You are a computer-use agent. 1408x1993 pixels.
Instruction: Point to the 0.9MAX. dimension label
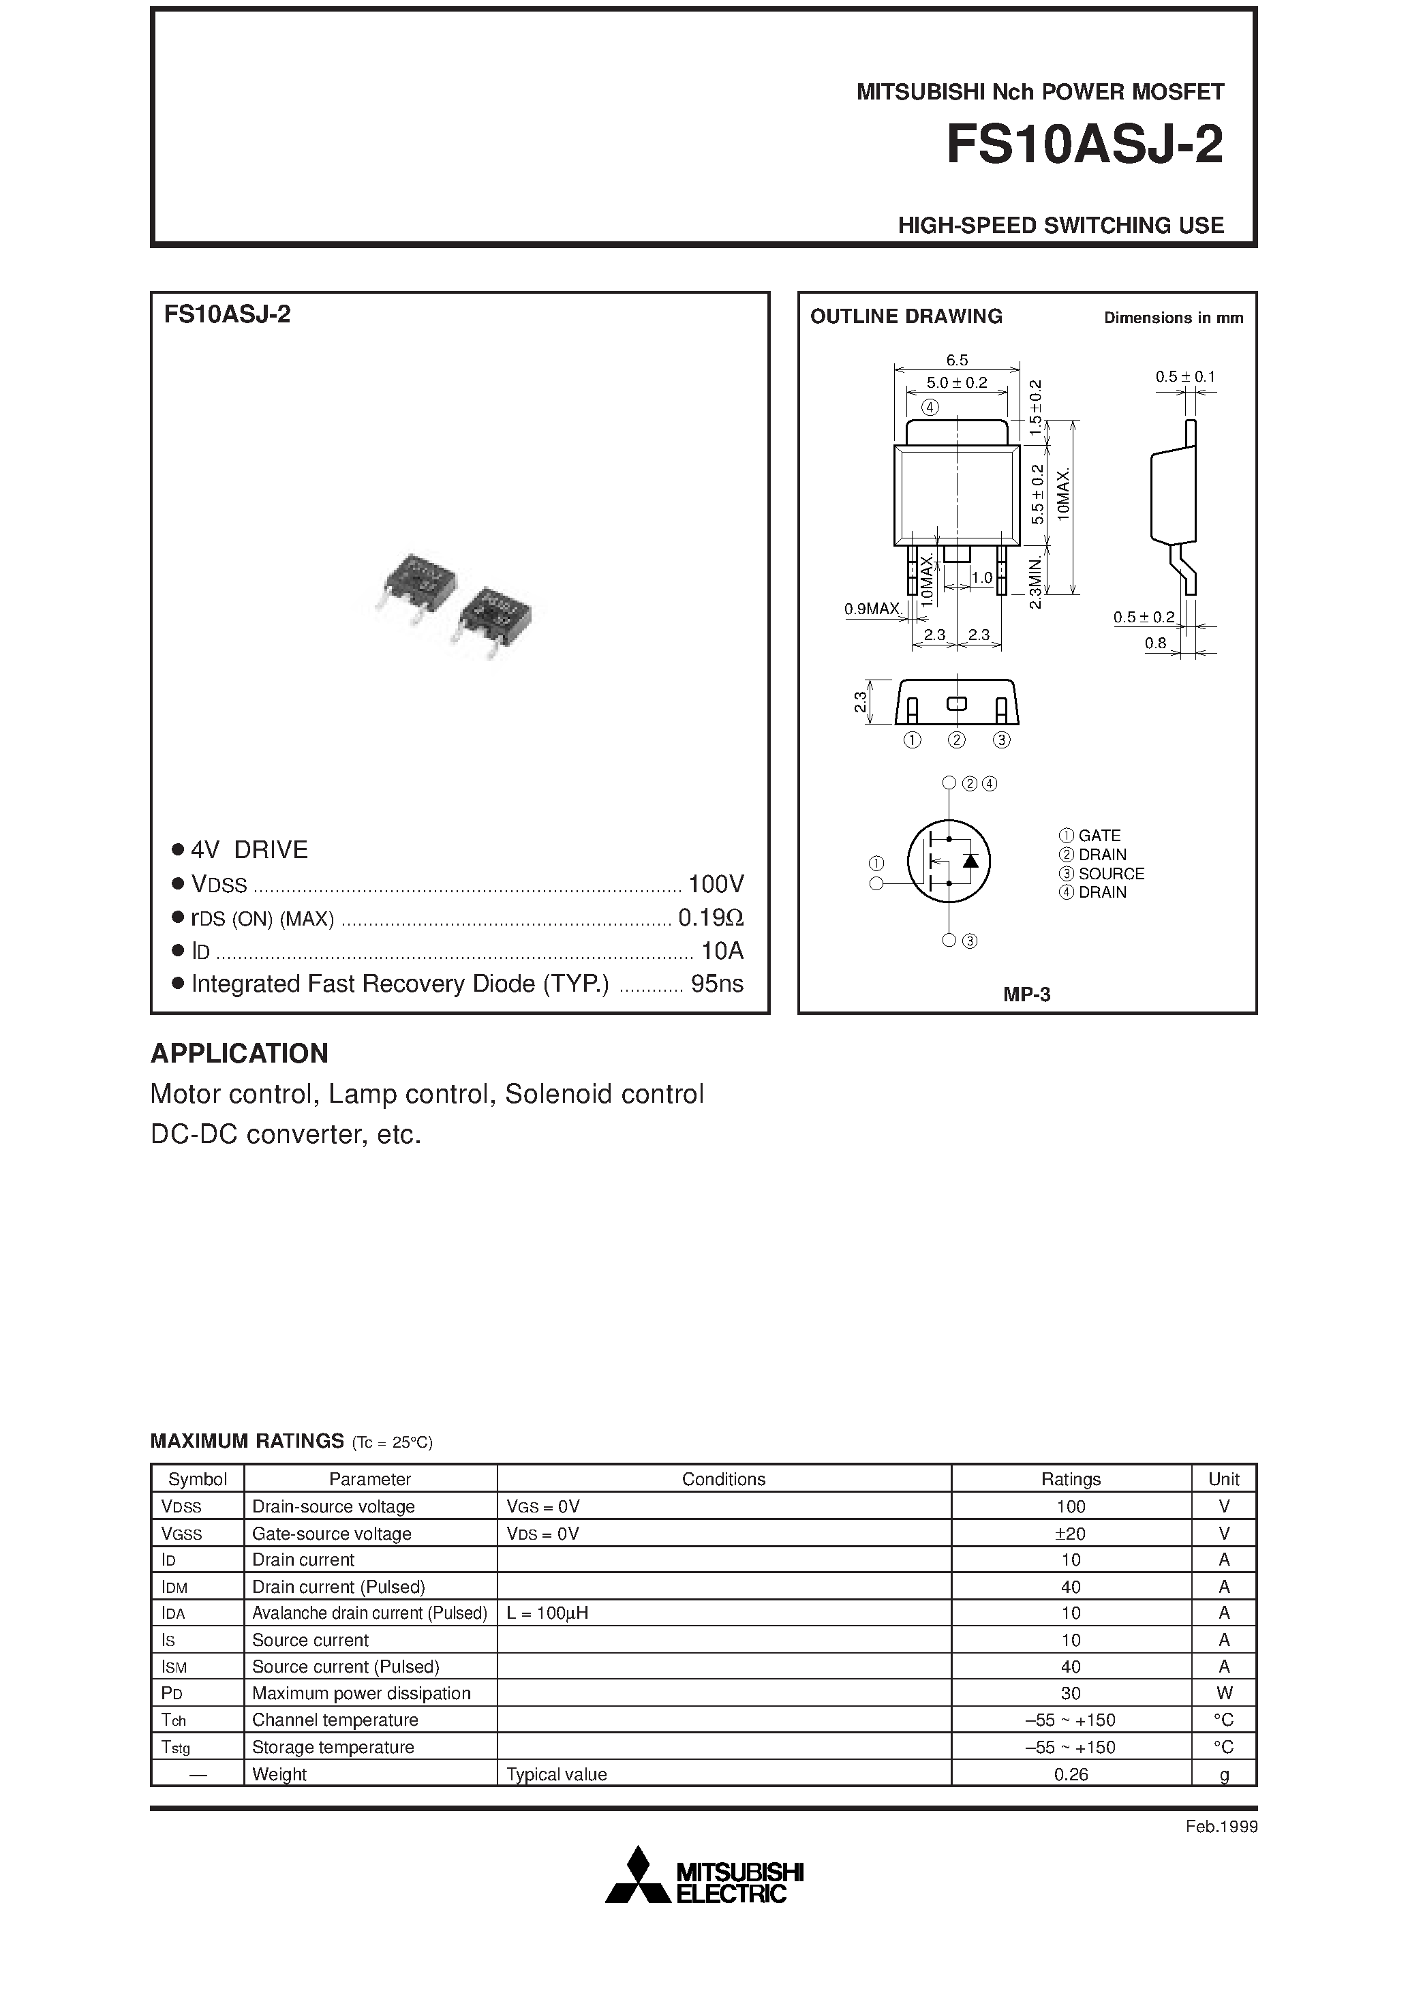(872, 609)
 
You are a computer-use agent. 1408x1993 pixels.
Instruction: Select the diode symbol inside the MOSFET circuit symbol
(971, 860)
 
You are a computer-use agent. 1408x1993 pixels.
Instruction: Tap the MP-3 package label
(1026, 994)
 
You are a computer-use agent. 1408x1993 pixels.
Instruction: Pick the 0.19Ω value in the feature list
(710, 917)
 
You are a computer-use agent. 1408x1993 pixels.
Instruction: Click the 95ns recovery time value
(716, 984)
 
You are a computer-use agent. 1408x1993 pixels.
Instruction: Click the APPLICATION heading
(240, 1053)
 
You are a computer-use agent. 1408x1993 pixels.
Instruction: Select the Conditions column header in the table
(723, 1479)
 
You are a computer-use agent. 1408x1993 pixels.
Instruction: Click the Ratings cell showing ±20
(1071, 1534)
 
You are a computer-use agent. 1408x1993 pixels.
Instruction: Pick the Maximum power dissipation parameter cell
(361, 1692)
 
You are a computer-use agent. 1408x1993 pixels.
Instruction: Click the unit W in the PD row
(1224, 1692)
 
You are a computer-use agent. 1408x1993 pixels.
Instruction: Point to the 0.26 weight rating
(1071, 1774)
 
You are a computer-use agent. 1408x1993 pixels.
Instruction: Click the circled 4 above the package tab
(930, 407)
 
